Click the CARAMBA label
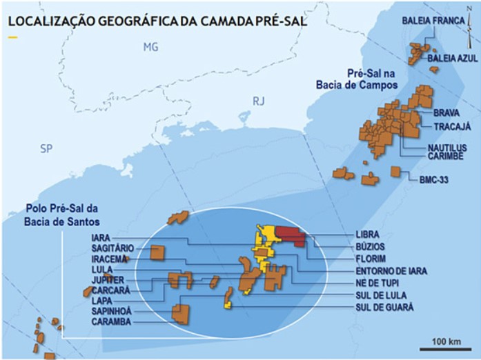point(110,321)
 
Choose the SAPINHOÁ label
point(112,311)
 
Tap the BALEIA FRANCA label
point(431,21)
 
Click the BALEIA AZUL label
point(452,59)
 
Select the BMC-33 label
point(435,179)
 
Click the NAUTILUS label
point(446,147)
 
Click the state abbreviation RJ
point(258,101)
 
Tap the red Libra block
point(290,236)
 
